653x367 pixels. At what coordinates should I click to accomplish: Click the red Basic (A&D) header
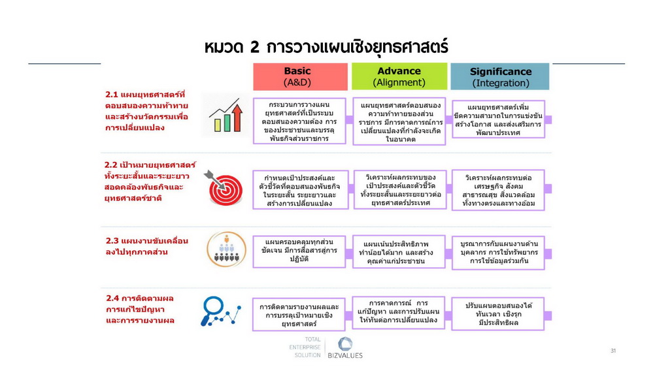(x=300, y=76)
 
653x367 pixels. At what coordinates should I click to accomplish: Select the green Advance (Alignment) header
(x=399, y=76)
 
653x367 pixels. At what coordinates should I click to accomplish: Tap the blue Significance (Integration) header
(x=500, y=76)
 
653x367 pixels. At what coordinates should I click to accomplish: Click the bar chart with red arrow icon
(x=226, y=116)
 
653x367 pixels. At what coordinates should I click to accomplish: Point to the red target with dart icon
(x=224, y=187)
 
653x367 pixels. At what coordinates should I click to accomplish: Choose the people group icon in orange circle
(x=226, y=249)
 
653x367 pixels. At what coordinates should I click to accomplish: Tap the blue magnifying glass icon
(x=220, y=311)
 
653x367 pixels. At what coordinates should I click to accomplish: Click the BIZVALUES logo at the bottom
(x=345, y=348)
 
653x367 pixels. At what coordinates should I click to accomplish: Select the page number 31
(x=613, y=351)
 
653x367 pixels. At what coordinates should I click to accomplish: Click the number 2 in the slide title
(x=254, y=47)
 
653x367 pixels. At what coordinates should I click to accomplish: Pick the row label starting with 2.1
(x=146, y=111)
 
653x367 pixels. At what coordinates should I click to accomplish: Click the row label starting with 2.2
(x=150, y=182)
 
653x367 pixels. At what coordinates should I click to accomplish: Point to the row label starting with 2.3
(x=146, y=246)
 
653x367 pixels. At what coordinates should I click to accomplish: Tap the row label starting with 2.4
(x=140, y=309)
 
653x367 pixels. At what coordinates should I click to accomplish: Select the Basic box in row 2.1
(x=299, y=121)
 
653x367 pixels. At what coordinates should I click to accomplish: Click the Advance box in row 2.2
(x=400, y=190)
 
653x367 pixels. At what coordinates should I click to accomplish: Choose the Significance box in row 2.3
(x=498, y=253)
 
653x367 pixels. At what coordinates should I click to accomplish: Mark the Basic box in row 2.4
(x=299, y=314)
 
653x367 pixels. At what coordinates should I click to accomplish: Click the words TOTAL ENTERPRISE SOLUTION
(x=305, y=347)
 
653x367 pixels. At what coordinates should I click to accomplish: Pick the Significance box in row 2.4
(x=497, y=313)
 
